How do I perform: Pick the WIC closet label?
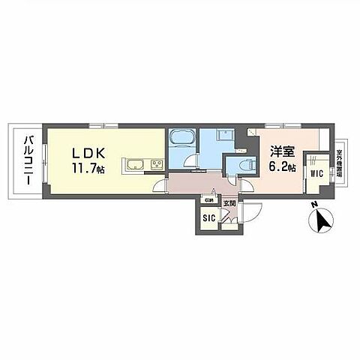tap(316, 174)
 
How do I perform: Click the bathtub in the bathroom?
tap(181, 142)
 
